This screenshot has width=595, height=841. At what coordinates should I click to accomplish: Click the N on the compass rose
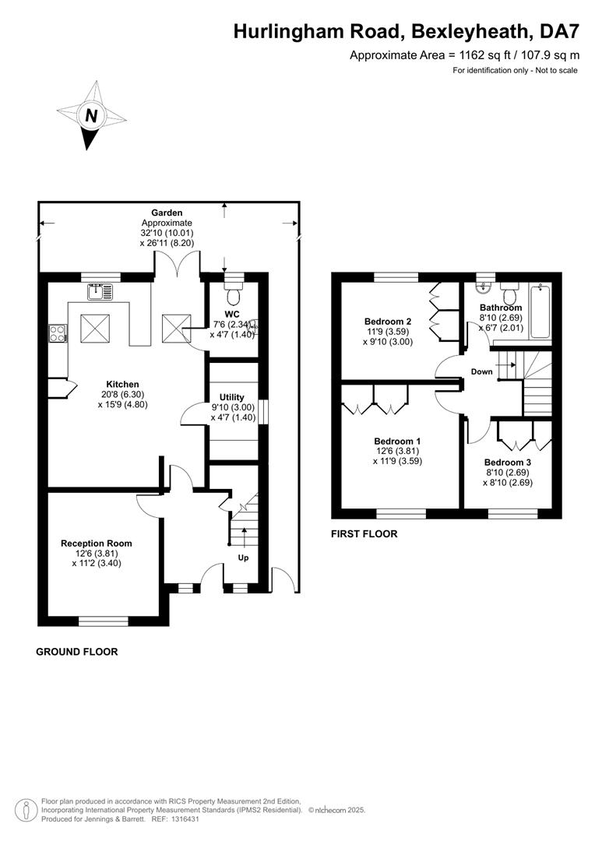tap(92, 115)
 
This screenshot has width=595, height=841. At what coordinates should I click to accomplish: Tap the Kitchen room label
tap(122, 384)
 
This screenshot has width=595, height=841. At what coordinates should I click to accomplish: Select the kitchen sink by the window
tap(100, 292)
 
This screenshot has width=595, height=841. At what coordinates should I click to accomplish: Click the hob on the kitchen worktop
tap(57, 333)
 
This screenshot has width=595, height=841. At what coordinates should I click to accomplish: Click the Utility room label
tap(232, 397)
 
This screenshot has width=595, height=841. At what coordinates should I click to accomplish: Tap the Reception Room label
tap(96, 544)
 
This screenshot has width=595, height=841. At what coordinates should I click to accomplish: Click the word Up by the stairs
tap(243, 558)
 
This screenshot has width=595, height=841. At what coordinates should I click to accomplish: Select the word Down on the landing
tap(482, 371)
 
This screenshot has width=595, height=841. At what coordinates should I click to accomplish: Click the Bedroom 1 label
tap(397, 442)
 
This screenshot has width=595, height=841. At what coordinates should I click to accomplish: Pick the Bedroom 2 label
tap(388, 322)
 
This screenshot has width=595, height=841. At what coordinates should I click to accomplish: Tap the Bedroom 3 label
tap(508, 463)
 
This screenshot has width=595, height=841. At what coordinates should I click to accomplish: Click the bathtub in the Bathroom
tap(540, 311)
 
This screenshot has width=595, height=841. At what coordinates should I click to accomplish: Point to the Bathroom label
tap(501, 308)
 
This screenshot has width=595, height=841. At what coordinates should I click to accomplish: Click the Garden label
tap(167, 213)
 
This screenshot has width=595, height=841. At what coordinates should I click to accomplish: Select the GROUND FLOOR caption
tap(77, 652)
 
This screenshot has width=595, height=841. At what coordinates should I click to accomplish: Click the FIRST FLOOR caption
tap(364, 533)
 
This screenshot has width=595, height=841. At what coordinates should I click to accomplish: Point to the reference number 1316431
tap(185, 819)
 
